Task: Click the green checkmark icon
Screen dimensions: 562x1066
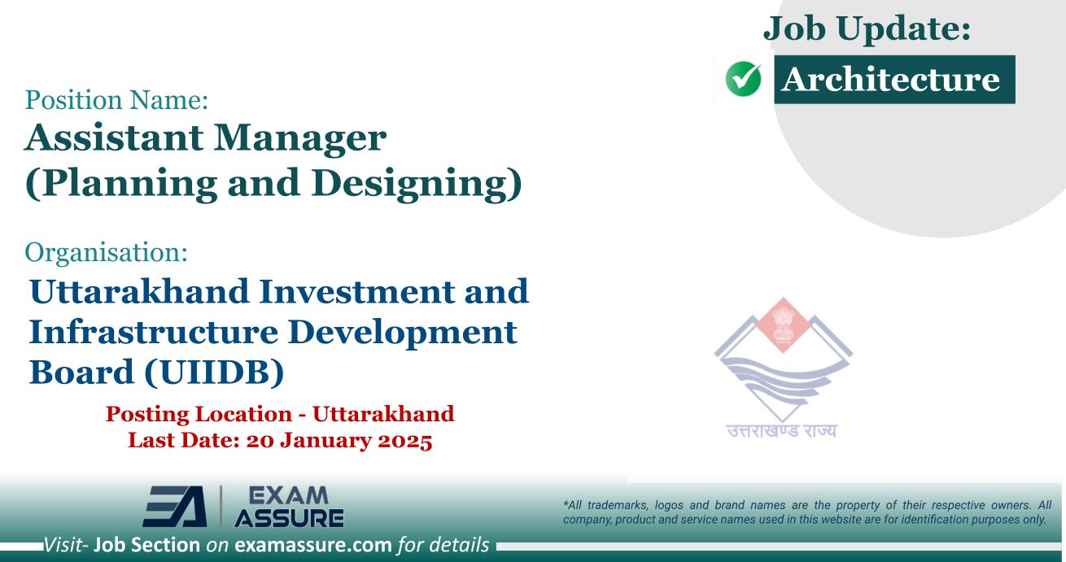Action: (x=742, y=81)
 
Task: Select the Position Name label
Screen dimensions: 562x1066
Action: (x=117, y=102)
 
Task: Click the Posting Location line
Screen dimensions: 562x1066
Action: (x=280, y=414)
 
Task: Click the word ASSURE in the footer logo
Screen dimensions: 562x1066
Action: (x=289, y=516)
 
